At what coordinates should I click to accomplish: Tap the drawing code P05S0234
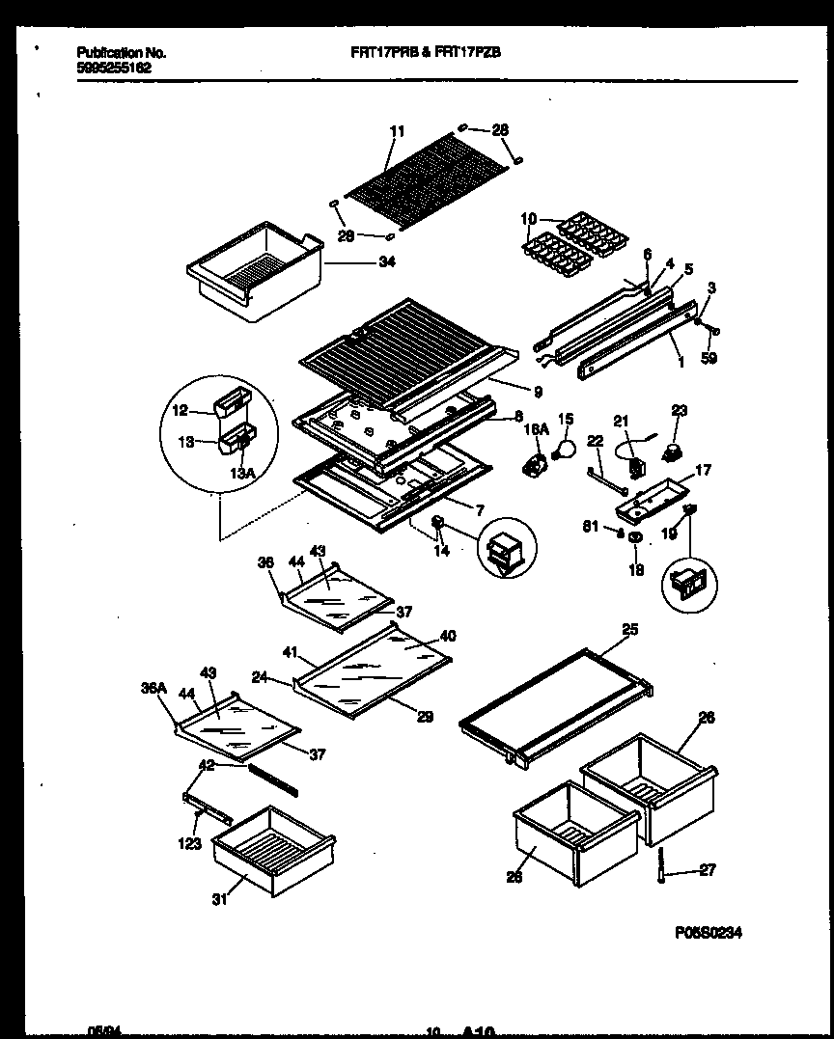coord(708,933)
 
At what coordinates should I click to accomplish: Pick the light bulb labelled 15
coord(565,448)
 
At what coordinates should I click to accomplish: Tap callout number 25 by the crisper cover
coord(629,629)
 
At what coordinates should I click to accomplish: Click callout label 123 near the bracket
coord(190,843)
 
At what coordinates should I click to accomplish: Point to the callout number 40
coord(448,636)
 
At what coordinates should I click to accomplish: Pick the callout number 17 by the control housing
coord(702,471)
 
